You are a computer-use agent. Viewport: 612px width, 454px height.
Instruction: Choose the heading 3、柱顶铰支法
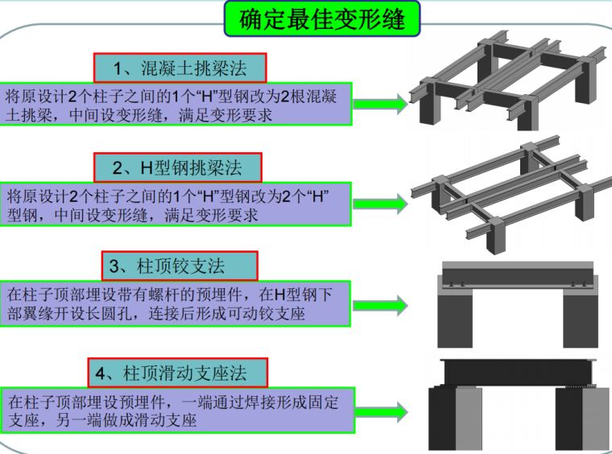coord(179,265)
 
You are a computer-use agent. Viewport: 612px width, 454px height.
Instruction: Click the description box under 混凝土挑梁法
coord(176,105)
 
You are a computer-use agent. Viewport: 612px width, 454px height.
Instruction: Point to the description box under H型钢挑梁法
coord(176,205)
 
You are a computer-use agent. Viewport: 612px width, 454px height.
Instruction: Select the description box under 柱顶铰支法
coord(176,303)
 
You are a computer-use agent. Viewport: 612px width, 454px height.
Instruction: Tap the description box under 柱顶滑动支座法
coord(176,410)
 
